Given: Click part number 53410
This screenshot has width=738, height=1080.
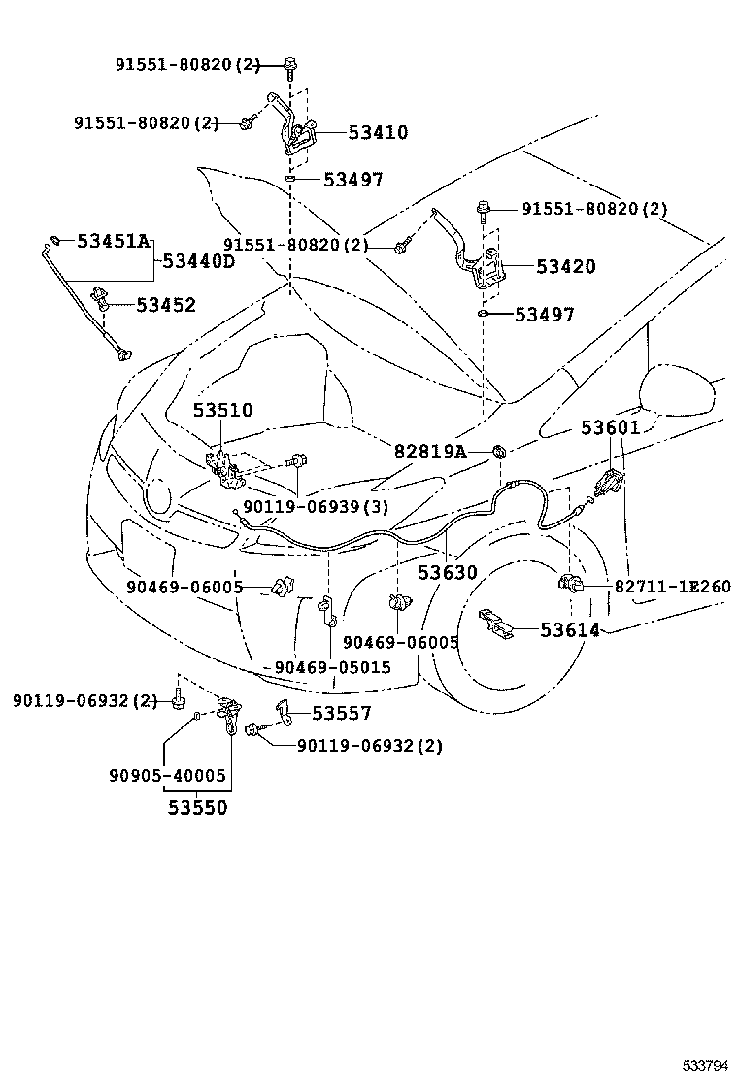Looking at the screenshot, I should coord(351,133).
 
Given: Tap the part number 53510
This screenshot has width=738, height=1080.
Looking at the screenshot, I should coord(221,410).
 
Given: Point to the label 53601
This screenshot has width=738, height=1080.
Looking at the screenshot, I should coord(611,427).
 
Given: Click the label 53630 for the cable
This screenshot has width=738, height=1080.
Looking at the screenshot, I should coord(448,572).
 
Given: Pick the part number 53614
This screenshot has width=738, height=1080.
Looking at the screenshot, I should coord(570,630).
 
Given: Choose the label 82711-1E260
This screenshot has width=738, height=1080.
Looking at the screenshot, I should coord(672,587).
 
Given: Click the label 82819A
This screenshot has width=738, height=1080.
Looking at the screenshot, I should coord(430,452).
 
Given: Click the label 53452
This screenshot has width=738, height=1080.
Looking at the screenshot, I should coord(165,305).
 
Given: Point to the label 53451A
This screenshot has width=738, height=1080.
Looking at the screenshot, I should coord(114,241).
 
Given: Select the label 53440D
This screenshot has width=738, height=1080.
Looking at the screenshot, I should coord(198,261).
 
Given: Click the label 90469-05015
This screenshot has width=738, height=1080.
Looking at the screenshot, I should coord(332,667).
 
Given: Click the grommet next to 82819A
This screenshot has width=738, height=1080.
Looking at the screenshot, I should coord(499,451).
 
